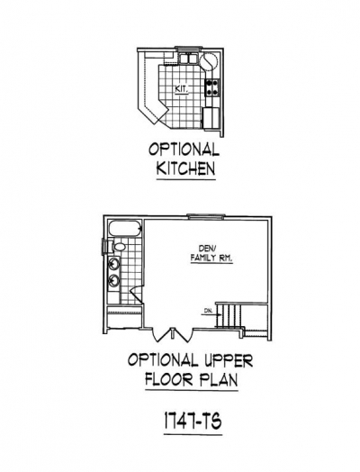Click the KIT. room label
[x=182, y=89]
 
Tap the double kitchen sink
[x=187, y=58]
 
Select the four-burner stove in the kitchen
[x=212, y=87]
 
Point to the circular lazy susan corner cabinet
[x=209, y=61]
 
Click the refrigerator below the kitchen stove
[x=211, y=118]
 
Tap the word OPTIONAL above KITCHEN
[x=184, y=150]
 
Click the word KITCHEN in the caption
[x=185, y=168]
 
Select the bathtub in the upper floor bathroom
[x=125, y=229]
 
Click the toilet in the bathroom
[x=118, y=247]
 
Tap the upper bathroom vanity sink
[x=114, y=264]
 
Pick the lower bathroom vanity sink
[x=114, y=280]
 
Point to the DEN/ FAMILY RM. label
[x=211, y=253]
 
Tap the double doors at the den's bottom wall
[x=172, y=335]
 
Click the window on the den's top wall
[x=205, y=215]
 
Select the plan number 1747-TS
[x=193, y=422]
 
